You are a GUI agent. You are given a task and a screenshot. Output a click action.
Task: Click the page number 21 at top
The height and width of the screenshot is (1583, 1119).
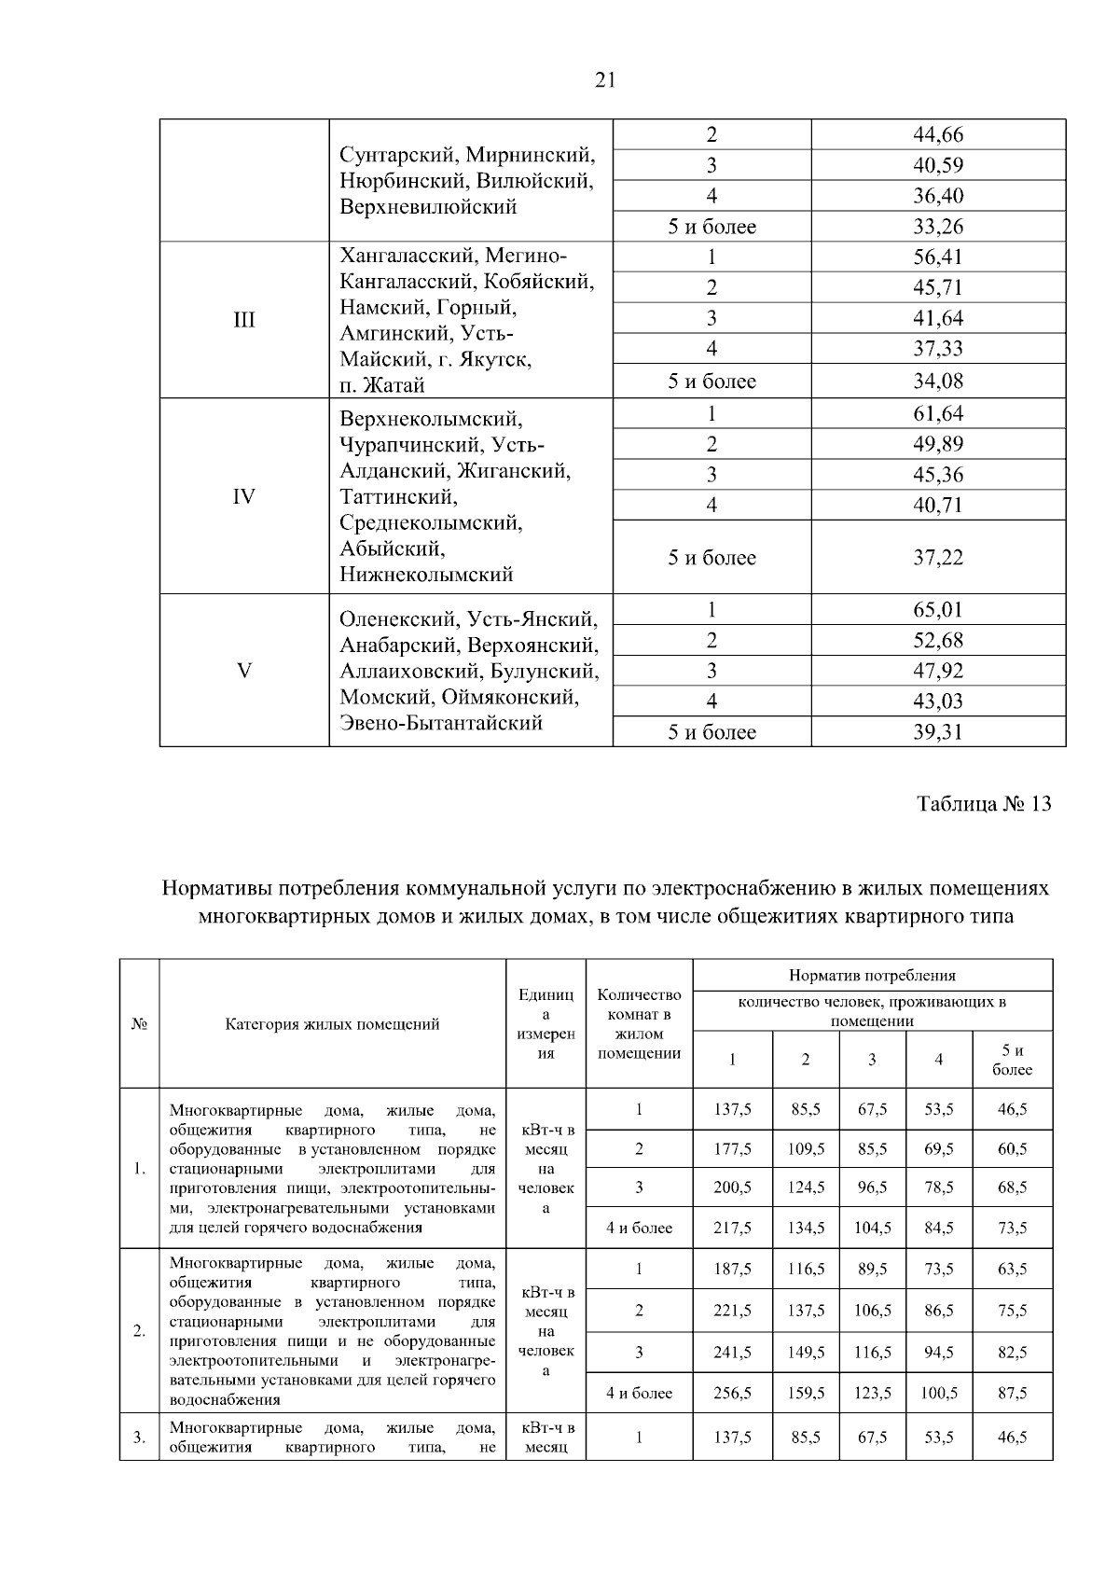coord(605,81)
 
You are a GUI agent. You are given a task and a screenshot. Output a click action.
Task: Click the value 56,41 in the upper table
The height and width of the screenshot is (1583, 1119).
coord(937,257)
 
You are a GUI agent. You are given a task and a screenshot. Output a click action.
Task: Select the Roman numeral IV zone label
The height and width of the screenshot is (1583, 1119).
coord(243,496)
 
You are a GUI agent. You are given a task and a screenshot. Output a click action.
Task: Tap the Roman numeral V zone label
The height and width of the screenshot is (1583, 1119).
coord(243,671)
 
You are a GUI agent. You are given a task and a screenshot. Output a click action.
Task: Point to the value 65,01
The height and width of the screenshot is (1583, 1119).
coord(937,610)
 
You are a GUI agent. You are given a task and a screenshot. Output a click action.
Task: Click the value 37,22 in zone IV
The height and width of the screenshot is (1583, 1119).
coord(937,558)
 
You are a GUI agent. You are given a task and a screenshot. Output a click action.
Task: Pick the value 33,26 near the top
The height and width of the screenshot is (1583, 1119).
coord(937,227)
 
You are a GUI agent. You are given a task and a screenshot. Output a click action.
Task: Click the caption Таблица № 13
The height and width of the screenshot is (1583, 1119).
coord(984,804)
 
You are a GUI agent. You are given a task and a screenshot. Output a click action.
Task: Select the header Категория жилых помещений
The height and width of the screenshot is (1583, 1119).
coord(332,1024)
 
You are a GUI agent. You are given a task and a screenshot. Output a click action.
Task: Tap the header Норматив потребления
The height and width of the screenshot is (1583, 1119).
coord(872,976)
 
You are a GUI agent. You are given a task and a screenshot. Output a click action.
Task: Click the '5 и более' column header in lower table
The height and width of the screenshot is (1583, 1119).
coord(1012,1060)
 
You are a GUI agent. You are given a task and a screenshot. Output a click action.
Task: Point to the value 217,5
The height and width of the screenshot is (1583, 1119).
coord(732,1228)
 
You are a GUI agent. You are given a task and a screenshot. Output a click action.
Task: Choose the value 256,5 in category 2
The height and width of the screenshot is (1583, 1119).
coord(732,1393)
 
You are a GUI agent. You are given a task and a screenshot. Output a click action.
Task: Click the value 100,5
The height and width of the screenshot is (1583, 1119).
coord(938,1393)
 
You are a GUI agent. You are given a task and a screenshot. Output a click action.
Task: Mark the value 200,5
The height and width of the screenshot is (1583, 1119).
coord(732,1187)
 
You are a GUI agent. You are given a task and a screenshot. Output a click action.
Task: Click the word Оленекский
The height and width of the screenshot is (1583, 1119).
coord(399,619)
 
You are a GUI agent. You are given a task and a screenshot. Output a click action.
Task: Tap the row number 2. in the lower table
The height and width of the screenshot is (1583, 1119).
coord(139,1330)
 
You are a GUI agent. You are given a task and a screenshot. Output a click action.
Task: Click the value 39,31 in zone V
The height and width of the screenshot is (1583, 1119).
coord(937,732)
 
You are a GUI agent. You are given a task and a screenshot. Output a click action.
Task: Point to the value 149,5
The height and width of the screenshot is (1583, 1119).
coord(806,1352)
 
